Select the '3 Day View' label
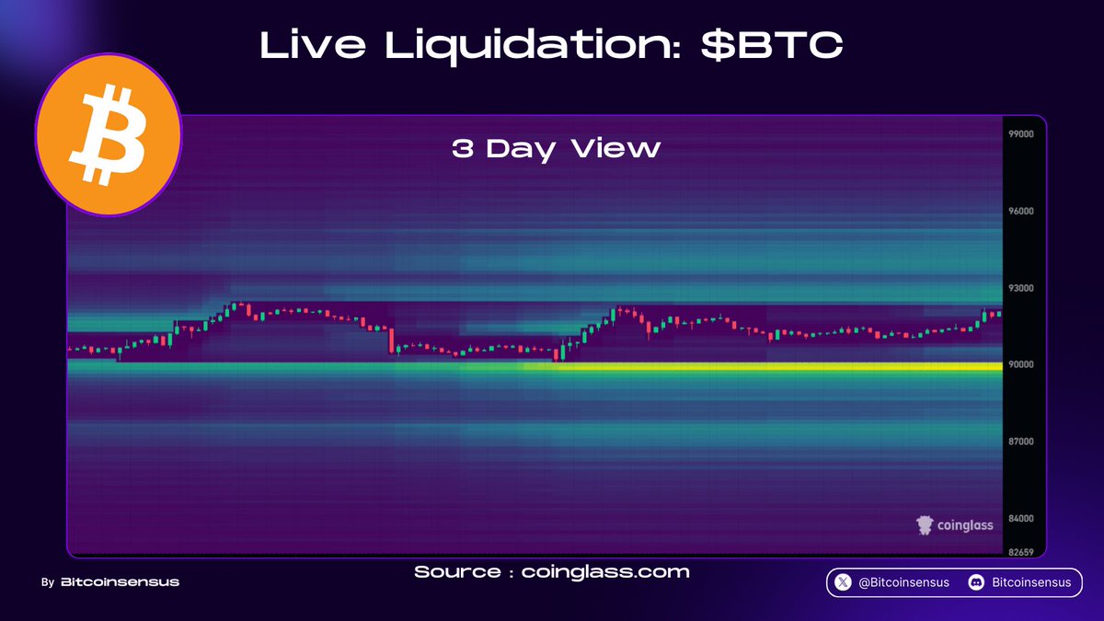click(556, 149)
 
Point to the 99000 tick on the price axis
click(1021, 134)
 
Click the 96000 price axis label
click(1021, 211)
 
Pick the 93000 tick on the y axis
click(1021, 288)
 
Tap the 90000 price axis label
click(1021, 364)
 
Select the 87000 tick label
click(1021, 442)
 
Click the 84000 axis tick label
click(1021, 519)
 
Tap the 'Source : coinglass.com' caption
click(552, 572)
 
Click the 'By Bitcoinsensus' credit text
click(110, 582)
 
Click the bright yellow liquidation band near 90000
click(764, 366)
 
